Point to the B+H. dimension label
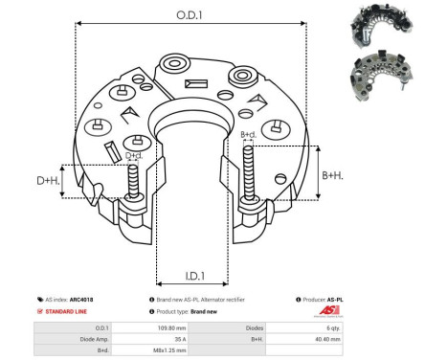pyautogui.click(x=333, y=175)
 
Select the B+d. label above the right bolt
pyautogui.click(x=248, y=135)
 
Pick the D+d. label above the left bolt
pyautogui.click(x=134, y=155)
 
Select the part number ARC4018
pyautogui.click(x=80, y=300)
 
